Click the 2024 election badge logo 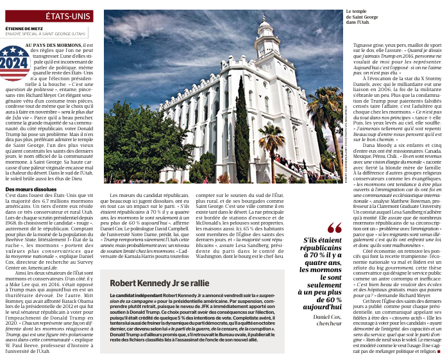tap(13, 63)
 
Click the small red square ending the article tap(439, 352)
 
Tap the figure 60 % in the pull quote tap(330, 299)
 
